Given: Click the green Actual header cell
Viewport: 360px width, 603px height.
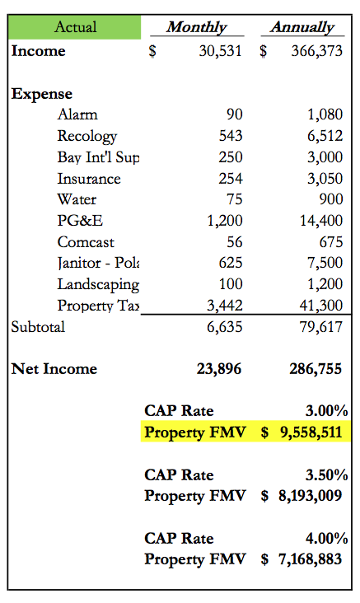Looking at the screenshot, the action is point(75,27).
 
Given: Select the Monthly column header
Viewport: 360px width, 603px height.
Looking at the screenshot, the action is point(197,27).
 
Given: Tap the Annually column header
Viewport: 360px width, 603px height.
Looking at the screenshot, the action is point(302,27).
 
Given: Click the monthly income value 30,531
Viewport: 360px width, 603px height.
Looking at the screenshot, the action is point(221,51).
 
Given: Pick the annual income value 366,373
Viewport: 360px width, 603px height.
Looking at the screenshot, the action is point(316,51).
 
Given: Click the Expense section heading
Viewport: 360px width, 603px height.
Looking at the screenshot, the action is point(42,94).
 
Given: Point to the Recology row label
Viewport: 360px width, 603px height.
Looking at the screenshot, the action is point(87,136).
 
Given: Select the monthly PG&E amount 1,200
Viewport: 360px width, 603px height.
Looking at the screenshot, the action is point(225,221).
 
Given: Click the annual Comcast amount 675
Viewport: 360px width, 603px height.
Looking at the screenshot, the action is point(331,242).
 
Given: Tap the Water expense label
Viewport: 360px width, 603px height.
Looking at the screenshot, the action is point(77,199).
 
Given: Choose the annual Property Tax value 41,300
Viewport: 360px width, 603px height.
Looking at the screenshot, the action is point(321,306).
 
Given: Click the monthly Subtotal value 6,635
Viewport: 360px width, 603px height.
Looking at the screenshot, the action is point(225,327).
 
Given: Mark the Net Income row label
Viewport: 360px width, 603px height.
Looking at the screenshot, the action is point(54,369).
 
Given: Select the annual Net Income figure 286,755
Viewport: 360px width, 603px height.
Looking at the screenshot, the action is point(316,369).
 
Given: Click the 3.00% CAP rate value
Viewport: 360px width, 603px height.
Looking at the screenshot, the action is point(327,411).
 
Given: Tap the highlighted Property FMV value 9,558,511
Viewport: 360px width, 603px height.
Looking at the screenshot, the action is point(311,432).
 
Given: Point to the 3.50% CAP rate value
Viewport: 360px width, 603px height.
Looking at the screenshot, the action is point(327,475).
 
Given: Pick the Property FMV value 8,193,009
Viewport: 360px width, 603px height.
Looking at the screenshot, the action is point(311,496).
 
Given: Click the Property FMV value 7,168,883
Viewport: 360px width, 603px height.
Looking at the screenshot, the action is point(311,559).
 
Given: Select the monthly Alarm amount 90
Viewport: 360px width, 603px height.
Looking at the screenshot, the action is point(235,115).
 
